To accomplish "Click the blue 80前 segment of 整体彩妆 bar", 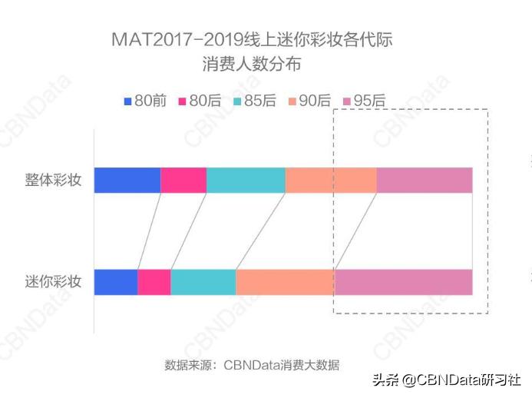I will [127, 180].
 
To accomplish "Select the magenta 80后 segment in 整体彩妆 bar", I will [183, 180].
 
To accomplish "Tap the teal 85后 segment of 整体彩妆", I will [246, 180].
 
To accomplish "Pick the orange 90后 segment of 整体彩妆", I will [331, 180].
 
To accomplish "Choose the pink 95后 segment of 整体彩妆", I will [425, 180].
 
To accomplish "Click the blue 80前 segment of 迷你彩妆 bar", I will [115, 282].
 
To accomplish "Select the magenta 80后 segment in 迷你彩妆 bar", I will [154, 282].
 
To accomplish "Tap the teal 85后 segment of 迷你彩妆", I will [203, 282].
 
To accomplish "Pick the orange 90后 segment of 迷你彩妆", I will [285, 282].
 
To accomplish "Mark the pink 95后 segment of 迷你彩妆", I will [403, 282].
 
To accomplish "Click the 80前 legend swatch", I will [128, 101].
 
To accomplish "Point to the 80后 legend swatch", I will [183, 101].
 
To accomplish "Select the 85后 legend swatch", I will [237, 101].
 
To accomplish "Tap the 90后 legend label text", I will [315, 101].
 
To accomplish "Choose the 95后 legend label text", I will [369, 101].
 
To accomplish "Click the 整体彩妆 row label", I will [53, 181].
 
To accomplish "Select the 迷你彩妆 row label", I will [53, 282].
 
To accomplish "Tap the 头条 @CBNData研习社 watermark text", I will [447, 380].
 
